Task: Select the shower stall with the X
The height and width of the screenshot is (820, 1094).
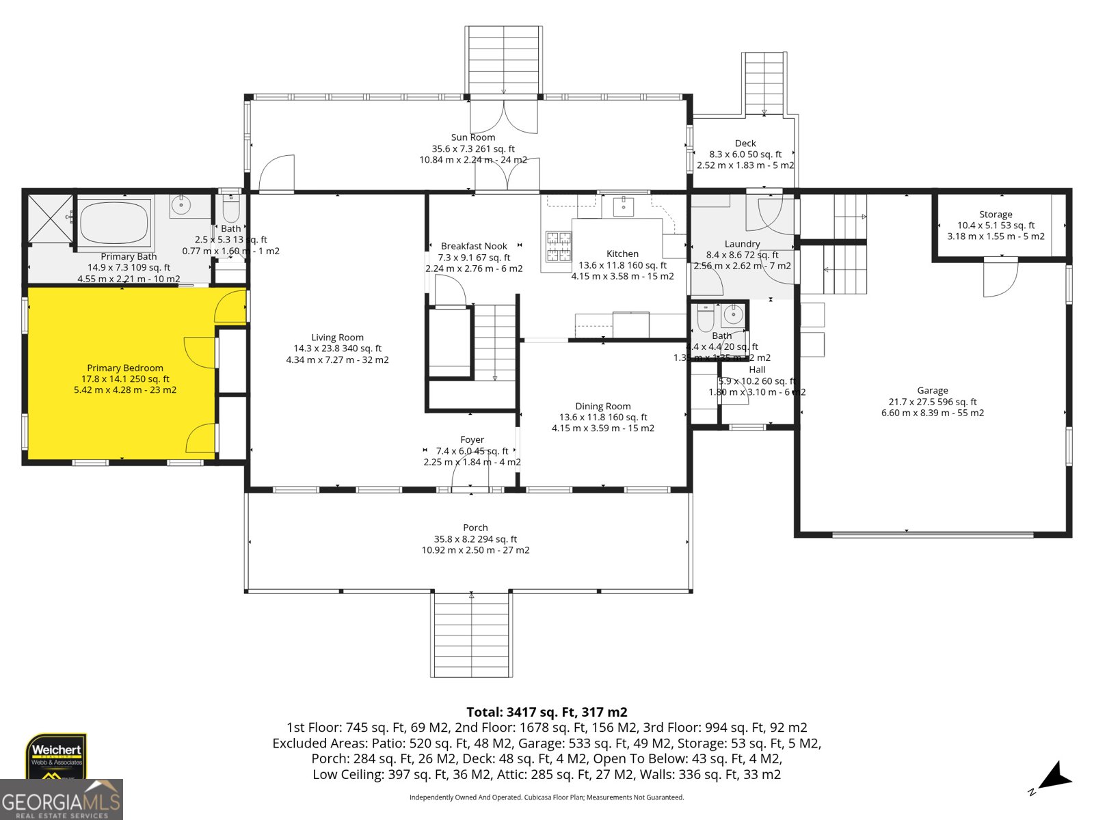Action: (50, 219)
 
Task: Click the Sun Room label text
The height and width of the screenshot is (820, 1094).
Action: (473, 137)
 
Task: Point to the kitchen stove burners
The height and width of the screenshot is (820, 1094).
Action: (558, 247)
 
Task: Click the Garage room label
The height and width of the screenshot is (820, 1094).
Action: (933, 391)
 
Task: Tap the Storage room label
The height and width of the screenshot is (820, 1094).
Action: (996, 215)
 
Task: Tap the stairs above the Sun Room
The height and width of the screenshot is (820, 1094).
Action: (504, 60)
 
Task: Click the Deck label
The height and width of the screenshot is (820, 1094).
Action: (745, 143)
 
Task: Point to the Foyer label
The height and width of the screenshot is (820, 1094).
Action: (472, 440)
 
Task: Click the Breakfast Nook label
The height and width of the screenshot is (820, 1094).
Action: (474, 246)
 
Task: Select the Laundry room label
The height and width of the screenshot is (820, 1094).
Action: (742, 244)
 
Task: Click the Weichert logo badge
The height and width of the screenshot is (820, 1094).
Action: (57, 756)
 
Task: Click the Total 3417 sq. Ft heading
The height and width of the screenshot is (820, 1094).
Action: (546, 712)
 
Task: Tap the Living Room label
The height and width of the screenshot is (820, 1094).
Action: (337, 338)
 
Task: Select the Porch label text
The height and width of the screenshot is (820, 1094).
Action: (475, 528)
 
